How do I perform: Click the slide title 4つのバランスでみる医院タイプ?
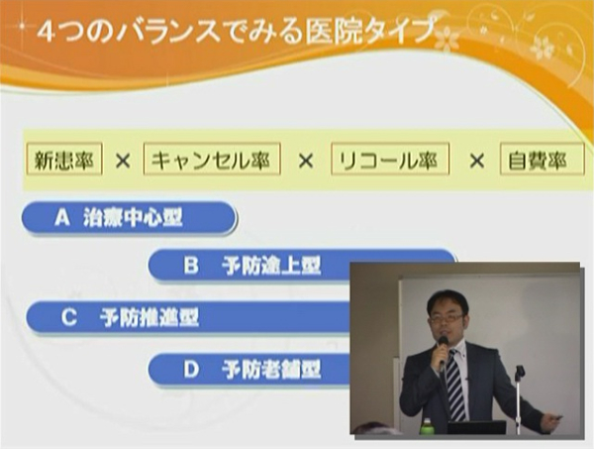[236, 32]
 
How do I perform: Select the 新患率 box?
[64, 159]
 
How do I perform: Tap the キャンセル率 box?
[212, 159]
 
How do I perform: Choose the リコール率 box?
[390, 159]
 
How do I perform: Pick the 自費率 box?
[542, 159]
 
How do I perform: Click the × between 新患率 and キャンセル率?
[123, 162]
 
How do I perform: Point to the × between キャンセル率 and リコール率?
[306, 162]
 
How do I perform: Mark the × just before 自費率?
[476, 162]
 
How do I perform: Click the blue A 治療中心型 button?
[129, 218]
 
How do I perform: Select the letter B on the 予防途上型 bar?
[191, 266]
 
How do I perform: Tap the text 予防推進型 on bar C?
[149, 317]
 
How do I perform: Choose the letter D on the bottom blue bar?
[191, 370]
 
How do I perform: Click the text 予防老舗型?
[271, 370]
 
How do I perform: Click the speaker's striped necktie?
[455, 385]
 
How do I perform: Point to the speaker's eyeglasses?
[445, 318]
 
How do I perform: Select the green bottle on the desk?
[428, 425]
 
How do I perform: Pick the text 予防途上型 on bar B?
[271, 266]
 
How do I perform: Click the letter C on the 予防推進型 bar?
[69, 317]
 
